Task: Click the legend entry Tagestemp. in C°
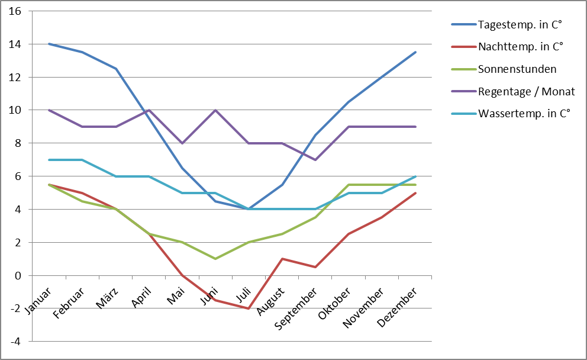click(520, 25)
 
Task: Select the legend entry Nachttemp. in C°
click(521, 47)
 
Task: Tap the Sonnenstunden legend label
click(517, 69)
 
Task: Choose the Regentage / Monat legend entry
click(527, 91)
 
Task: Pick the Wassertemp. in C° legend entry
click(524, 114)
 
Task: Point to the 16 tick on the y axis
click(15, 11)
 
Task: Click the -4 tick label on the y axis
click(15, 341)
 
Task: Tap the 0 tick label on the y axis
click(18, 276)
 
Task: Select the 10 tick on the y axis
click(15, 110)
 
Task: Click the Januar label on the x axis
click(38, 301)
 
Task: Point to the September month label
click(296, 308)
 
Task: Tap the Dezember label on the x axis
click(397, 307)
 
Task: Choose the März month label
click(107, 298)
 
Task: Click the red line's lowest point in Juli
click(248, 308)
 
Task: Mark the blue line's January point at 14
click(49, 44)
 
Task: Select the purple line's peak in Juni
click(215, 110)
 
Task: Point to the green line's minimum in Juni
click(215, 259)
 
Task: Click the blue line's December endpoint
click(415, 52)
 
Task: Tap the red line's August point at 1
click(282, 259)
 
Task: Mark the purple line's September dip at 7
click(315, 160)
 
